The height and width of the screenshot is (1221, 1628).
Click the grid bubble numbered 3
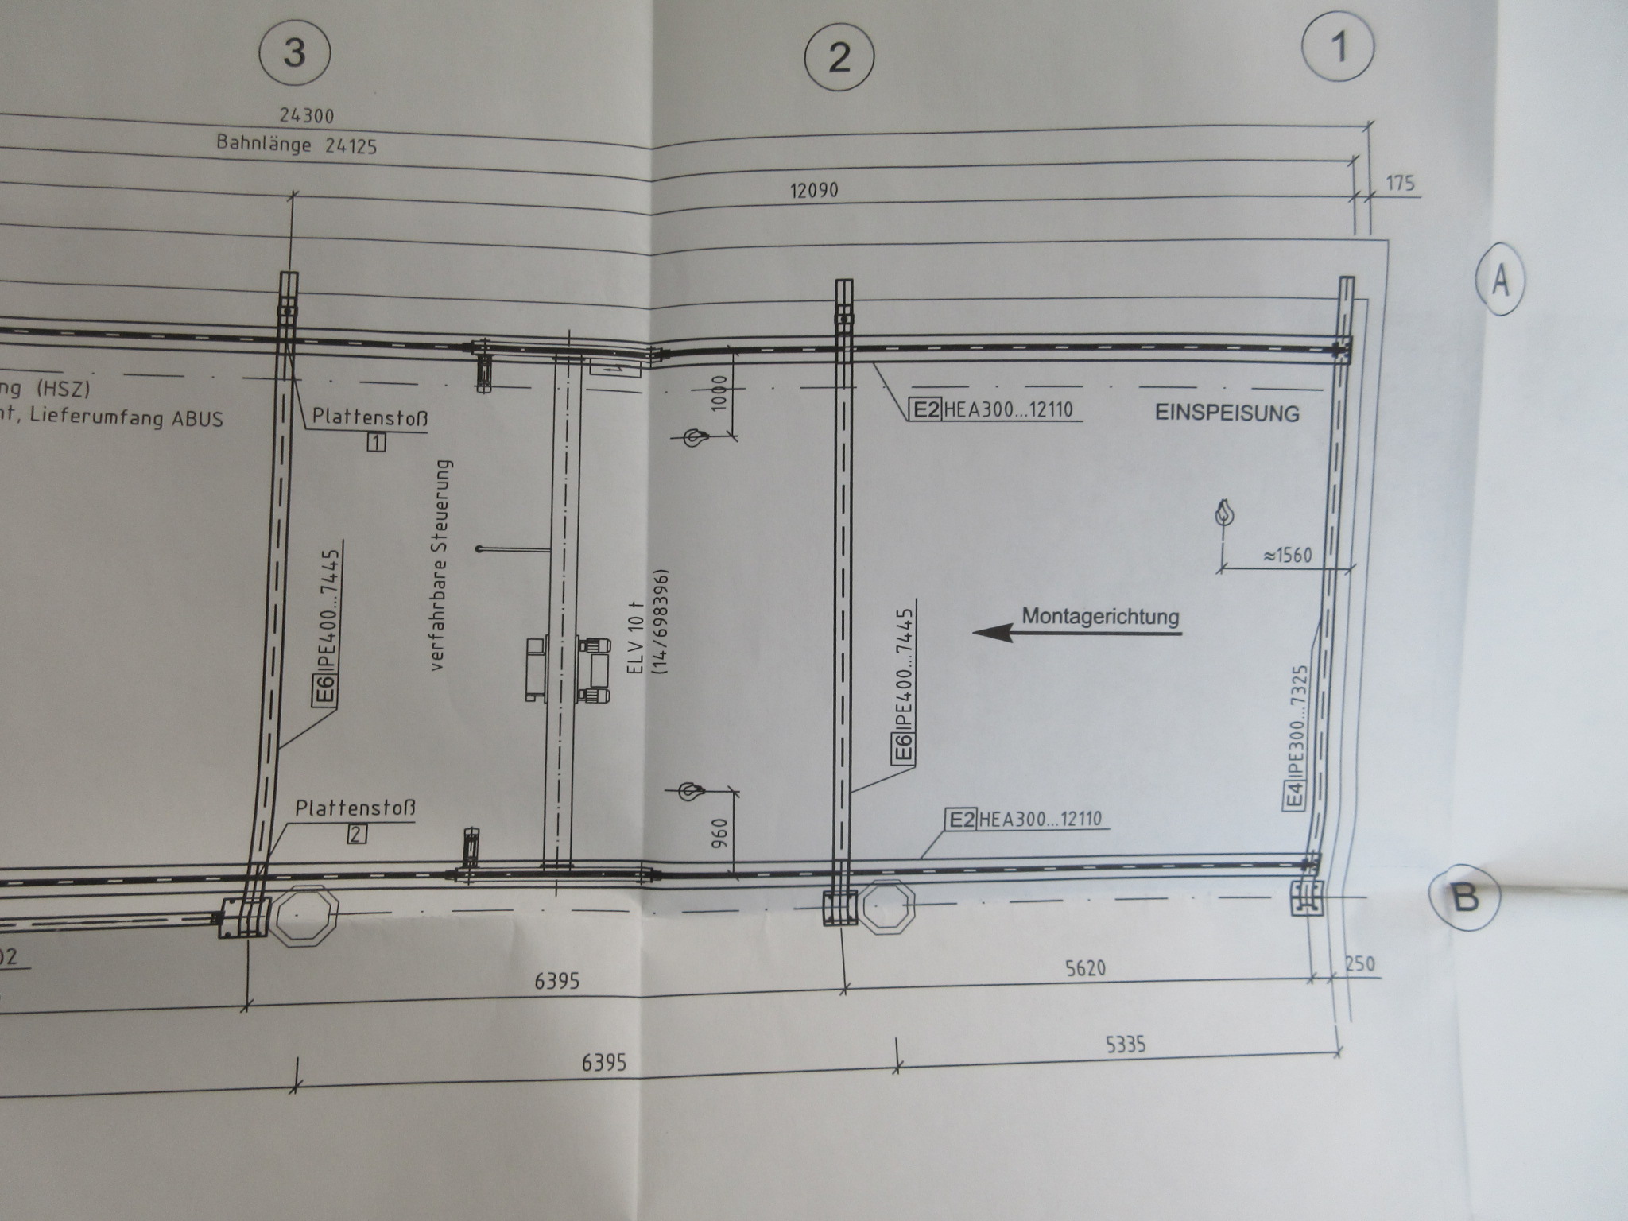point(295,54)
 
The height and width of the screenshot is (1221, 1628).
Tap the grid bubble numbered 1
point(1338,48)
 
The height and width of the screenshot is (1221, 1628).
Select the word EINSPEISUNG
point(1227,413)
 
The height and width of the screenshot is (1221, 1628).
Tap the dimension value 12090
point(813,191)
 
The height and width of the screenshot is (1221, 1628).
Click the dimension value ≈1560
point(1287,555)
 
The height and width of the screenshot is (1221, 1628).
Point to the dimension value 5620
point(1085,967)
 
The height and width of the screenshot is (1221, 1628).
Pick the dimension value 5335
point(1125,1044)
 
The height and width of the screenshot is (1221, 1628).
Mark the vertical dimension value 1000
point(719,392)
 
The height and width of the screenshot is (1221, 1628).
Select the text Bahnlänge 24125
point(297,145)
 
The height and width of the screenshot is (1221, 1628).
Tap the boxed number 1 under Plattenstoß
point(376,442)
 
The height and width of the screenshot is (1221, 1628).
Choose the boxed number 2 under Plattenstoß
point(357,834)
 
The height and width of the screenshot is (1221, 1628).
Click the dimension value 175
point(1401,184)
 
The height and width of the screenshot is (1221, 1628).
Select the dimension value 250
point(1360,963)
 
